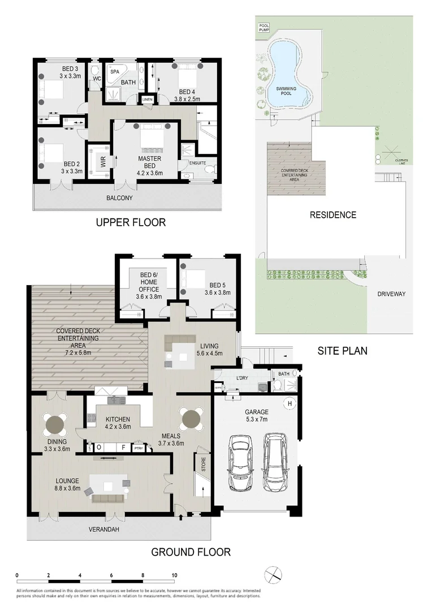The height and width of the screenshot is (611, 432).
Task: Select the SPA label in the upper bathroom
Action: (x=115, y=72)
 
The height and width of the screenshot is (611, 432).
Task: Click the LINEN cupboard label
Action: (x=148, y=99)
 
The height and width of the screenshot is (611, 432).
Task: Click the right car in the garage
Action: (x=275, y=463)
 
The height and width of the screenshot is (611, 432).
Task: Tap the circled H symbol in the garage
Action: (x=290, y=403)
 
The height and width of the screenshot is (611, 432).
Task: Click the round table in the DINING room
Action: (x=55, y=422)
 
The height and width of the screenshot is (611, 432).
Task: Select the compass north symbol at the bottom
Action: (x=273, y=573)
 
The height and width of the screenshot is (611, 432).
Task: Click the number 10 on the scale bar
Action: (x=174, y=575)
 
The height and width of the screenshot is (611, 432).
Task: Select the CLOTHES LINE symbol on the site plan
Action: (x=389, y=152)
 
